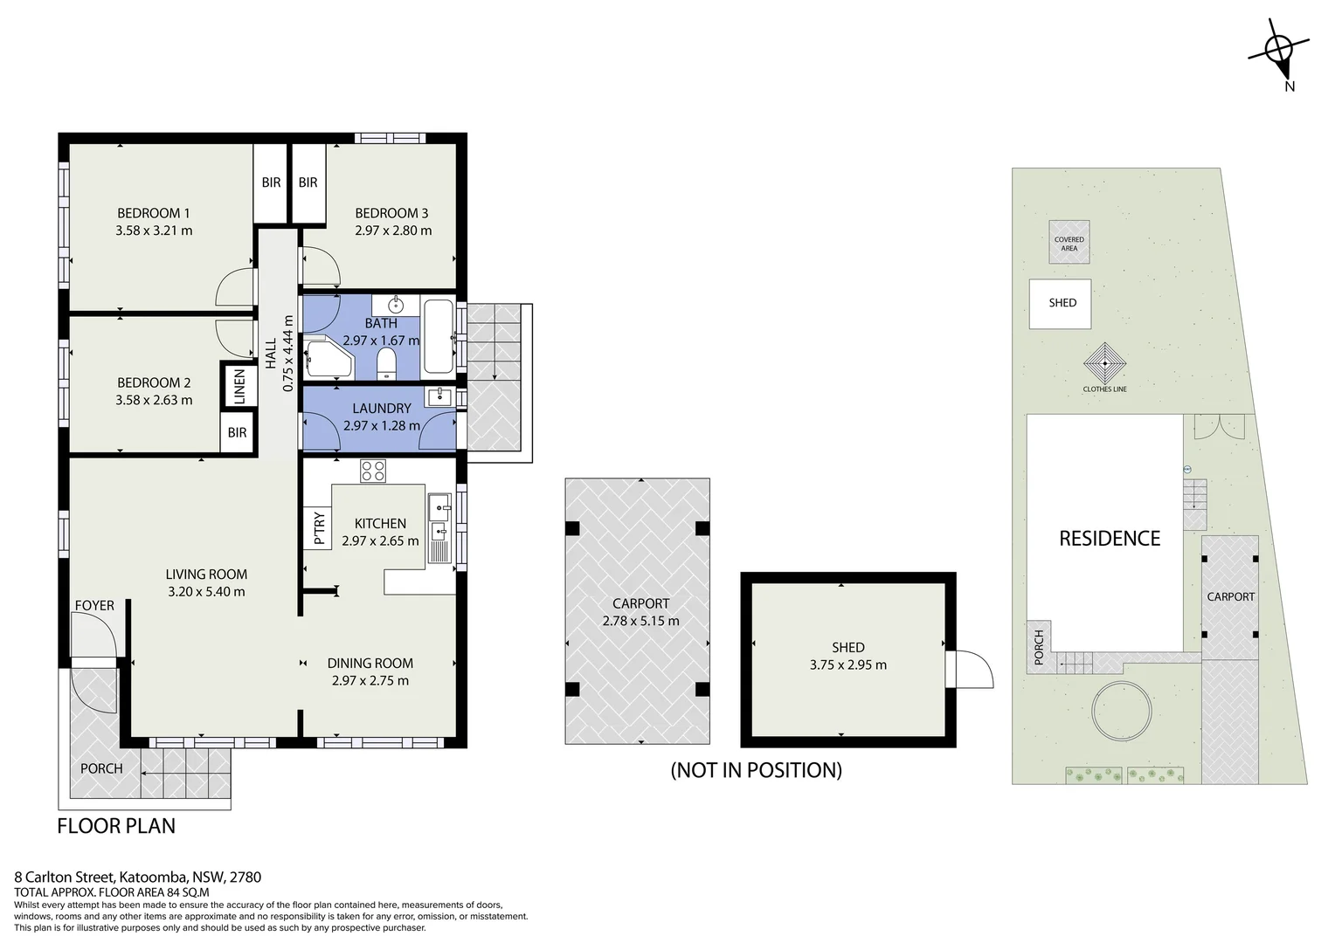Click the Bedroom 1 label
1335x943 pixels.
[153, 213]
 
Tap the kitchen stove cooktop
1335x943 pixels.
[372, 471]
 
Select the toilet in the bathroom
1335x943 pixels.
[387, 363]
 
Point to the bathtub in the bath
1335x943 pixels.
[439, 336]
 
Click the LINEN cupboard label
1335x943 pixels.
[239, 387]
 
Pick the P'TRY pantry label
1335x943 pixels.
[319, 527]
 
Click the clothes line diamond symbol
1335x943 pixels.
[1104, 363]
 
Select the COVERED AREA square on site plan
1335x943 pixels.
[1069, 242]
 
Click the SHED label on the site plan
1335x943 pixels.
[1062, 303]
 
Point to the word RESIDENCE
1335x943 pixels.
[1109, 539]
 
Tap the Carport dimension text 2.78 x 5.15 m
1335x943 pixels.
[640, 621]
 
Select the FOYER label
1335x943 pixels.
[94, 605]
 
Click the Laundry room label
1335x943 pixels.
[382, 408]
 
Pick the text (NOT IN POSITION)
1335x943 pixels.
[757, 770]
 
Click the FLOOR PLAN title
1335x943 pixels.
[116, 826]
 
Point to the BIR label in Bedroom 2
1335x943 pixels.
[237, 432]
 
